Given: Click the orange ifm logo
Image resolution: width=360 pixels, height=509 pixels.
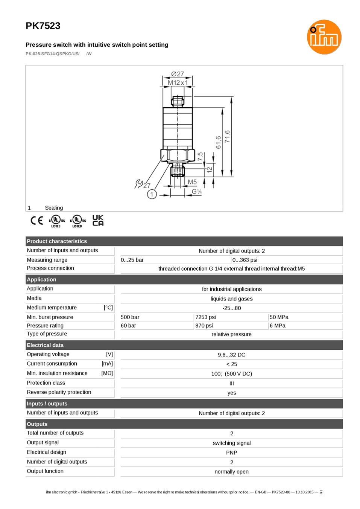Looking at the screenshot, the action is pos(324,37).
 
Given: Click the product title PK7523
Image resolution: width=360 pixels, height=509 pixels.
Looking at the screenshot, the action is pos(43,26).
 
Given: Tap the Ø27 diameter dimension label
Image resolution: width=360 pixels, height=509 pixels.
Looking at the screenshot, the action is pos(177,74).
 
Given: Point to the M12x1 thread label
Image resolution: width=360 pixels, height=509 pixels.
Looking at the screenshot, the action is pos(178,82).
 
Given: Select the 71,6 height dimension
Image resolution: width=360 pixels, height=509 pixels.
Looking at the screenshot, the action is pos(227,136).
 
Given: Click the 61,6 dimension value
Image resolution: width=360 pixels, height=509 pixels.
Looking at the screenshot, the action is pos(218,142).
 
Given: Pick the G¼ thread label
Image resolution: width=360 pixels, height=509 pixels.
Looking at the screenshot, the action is pos(197,191).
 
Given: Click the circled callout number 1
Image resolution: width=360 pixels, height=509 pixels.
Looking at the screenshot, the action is pos(152,194).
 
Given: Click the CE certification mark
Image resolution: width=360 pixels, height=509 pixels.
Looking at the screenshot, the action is pos(37,220).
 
